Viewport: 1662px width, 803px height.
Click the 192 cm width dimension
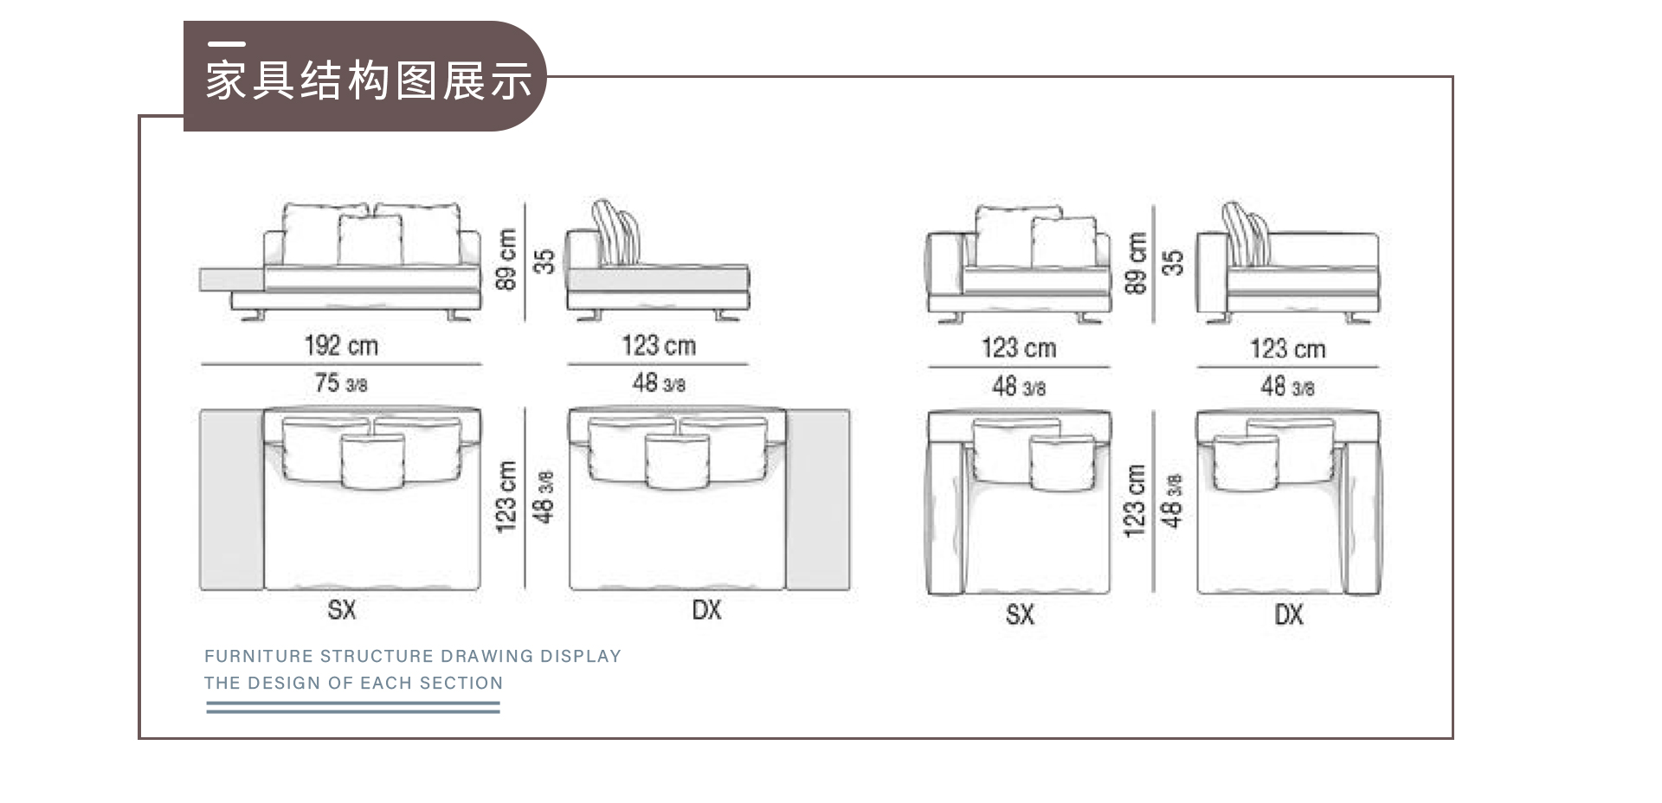pyautogui.click(x=341, y=346)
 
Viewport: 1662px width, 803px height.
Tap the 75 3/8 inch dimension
pyautogui.click(x=341, y=382)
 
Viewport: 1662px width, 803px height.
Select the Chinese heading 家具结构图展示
pyautogui.click(x=369, y=80)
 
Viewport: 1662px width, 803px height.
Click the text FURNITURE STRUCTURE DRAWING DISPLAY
pyautogui.click(x=413, y=656)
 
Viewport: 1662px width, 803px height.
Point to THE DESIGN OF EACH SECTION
pyautogui.click(x=353, y=683)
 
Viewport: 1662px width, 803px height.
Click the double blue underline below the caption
pyautogui.click(x=353, y=707)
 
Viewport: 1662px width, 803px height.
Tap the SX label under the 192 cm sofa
pyautogui.click(x=342, y=610)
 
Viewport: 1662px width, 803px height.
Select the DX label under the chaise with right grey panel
pyautogui.click(x=707, y=610)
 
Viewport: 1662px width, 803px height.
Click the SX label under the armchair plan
pyautogui.click(x=1020, y=615)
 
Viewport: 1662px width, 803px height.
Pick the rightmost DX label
pyautogui.click(x=1289, y=615)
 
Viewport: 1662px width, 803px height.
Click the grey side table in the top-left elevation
pyautogui.click(x=231, y=279)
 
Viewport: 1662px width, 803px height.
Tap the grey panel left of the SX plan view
pyautogui.click(x=232, y=499)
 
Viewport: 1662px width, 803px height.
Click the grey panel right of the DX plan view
pyautogui.click(x=818, y=499)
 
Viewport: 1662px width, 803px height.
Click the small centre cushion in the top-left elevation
pyautogui.click(x=370, y=241)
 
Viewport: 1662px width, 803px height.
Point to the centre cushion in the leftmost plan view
pyautogui.click(x=372, y=461)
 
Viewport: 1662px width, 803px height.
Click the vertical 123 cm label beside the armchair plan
pyautogui.click(x=1135, y=500)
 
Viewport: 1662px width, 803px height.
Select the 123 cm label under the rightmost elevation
pyautogui.click(x=1288, y=349)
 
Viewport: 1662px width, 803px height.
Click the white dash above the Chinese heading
pyautogui.click(x=227, y=43)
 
